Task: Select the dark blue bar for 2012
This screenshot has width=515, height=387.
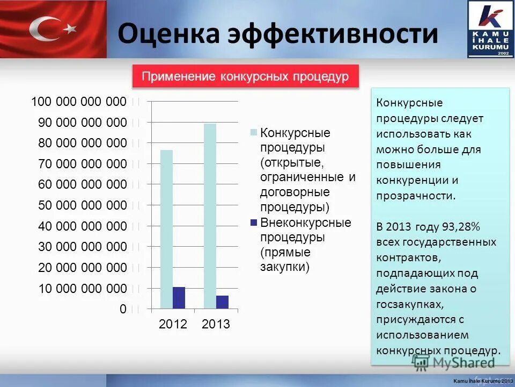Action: pos(179,298)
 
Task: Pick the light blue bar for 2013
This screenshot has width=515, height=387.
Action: pos(210,216)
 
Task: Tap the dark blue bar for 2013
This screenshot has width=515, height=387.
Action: pos(222,302)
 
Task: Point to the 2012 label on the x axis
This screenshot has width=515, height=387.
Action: pos(173,324)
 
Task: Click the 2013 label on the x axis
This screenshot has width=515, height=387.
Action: pos(216,324)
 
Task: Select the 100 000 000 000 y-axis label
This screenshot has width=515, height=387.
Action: pos(79,102)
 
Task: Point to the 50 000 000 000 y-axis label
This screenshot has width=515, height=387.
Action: pos(82,205)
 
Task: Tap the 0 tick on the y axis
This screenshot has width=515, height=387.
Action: pos(123,309)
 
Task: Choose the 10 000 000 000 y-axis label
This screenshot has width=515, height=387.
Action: pos(82,289)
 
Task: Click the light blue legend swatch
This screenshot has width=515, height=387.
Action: pos(253,132)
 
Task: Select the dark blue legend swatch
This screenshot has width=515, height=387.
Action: pos(253,222)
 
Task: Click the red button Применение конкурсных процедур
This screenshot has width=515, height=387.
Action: pos(245,76)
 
